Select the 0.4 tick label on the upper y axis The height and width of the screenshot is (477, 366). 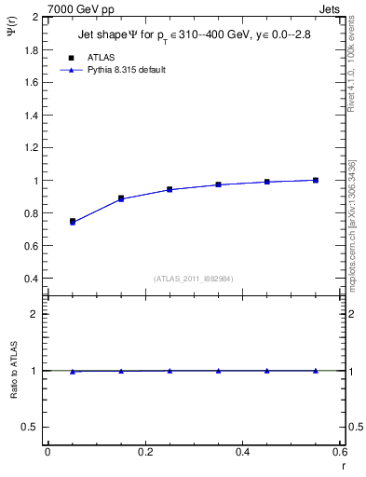[32, 279]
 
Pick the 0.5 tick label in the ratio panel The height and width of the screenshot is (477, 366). [32, 427]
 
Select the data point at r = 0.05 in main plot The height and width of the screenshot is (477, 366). [72, 222]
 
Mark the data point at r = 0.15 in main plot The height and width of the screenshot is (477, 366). [121, 198]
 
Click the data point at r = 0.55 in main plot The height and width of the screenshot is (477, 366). [316, 180]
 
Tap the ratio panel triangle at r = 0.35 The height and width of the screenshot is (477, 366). [218, 371]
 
